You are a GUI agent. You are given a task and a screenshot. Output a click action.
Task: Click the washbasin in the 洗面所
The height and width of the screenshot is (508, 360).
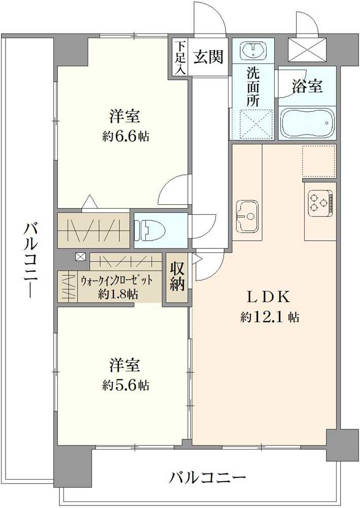(252, 51)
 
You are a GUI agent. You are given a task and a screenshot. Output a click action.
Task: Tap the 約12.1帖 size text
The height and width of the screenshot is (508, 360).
(270, 317)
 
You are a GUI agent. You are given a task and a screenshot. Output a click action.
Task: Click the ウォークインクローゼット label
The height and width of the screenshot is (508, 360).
(117, 281)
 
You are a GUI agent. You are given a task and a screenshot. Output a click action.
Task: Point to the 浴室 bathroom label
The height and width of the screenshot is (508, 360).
(307, 87)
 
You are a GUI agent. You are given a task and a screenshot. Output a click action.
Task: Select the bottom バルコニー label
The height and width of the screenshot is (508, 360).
(208, 478)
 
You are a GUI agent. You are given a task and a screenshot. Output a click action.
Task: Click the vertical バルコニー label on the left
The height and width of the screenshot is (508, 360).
(29, 259)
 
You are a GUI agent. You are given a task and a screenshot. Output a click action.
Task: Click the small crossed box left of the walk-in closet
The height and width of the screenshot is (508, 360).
(80, 257)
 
